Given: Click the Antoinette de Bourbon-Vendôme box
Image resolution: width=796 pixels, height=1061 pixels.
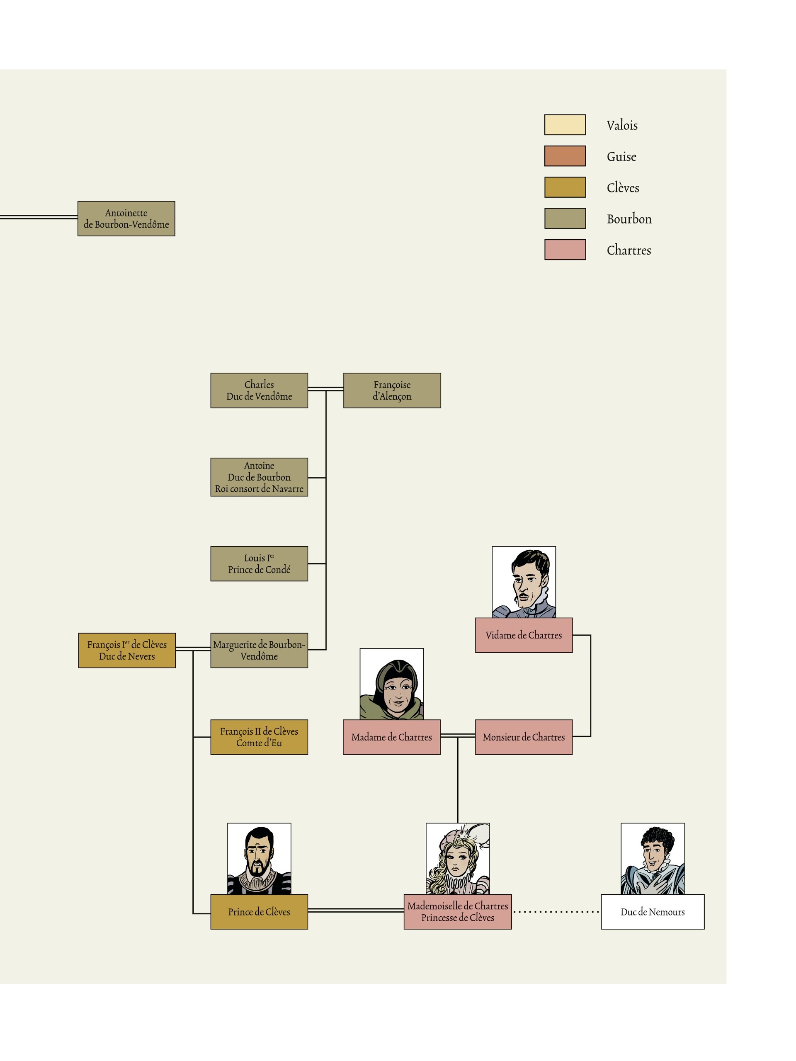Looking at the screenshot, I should click(126, 219).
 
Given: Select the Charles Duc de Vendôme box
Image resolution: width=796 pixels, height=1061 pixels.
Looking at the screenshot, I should click(259, 391).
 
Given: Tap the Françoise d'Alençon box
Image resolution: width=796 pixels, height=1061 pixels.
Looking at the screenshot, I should click(392, 391).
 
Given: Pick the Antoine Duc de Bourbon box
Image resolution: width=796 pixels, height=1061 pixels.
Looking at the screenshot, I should click(259, 477).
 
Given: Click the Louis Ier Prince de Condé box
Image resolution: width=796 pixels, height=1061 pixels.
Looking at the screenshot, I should click(259, 563).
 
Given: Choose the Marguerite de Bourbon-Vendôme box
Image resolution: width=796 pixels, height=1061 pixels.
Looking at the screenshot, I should click(259, 651).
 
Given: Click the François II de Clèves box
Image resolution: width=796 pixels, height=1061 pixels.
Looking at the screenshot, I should click(259, 737).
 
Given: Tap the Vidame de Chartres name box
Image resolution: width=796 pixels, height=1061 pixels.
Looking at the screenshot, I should click(524, 635).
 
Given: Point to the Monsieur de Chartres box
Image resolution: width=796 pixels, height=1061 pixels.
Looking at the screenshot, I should click(524, 737).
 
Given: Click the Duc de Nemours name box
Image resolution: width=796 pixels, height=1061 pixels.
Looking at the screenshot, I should click(653, 912).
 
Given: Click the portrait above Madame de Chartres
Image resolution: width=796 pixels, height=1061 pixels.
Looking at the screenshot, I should click(392, 684).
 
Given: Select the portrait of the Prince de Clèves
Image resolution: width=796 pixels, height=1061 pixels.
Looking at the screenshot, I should click(259, 859).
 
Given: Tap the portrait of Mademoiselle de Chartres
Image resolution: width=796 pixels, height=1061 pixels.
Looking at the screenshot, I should click(457, 859).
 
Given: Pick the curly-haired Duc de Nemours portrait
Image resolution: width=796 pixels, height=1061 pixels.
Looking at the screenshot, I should click(653, 859).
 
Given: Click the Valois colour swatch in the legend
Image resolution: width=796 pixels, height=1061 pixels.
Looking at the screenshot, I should click(565, 125).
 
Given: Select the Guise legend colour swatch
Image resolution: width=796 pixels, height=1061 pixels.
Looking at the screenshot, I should click(565, 156).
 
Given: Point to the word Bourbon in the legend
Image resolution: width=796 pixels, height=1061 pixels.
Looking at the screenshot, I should click(629, 219).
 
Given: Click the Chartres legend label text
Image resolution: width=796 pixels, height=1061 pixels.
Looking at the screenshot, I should click(629, 250).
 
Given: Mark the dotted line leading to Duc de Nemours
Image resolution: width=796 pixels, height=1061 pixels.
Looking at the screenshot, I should click(556, 912).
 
